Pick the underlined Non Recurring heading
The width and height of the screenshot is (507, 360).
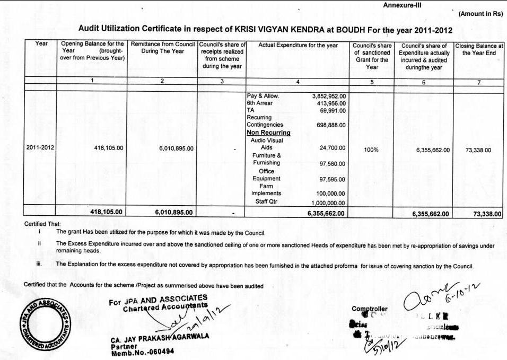[268, 133]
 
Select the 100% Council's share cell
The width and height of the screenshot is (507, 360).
[371, 150]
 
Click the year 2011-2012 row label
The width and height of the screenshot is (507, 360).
[40, 148]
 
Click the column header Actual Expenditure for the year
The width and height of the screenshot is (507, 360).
[298, 46]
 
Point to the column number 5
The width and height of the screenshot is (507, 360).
[372, 82]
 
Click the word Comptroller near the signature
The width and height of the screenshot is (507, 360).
[369, 309]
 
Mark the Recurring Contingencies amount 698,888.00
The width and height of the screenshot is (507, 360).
[329, 125]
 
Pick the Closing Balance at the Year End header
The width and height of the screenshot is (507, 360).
[479, 49]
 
